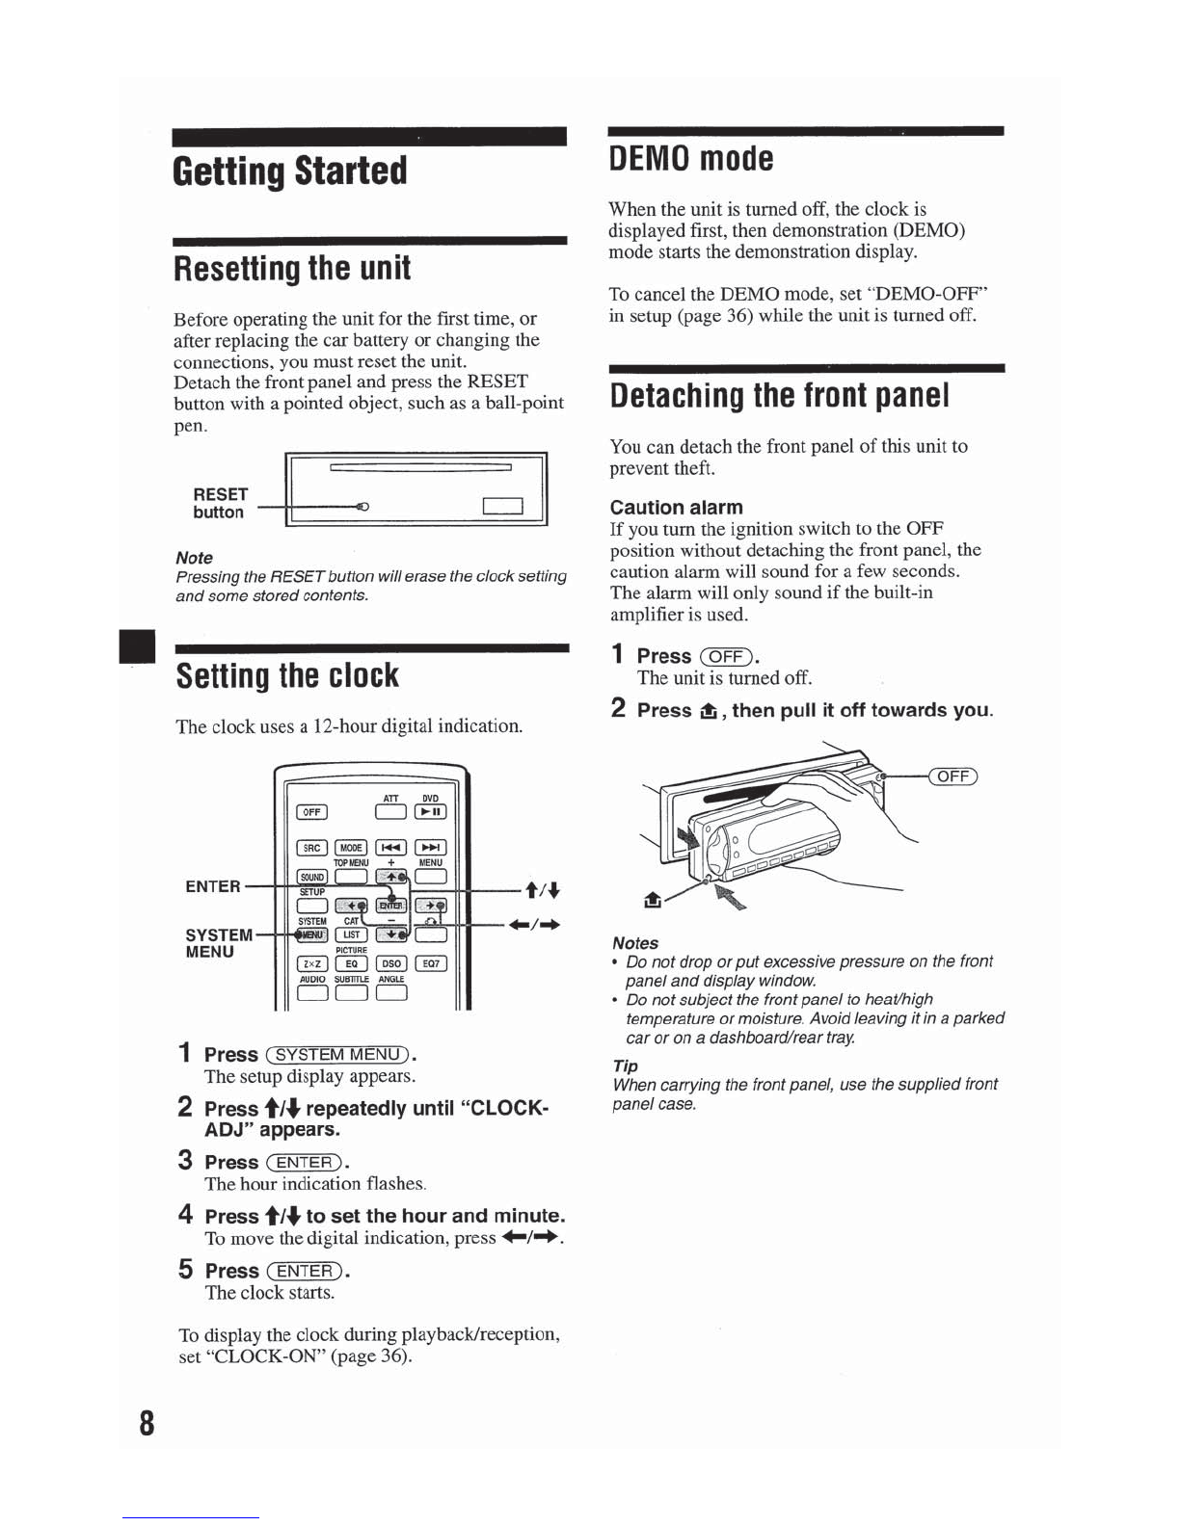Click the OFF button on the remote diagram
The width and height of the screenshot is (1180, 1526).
(311, 812)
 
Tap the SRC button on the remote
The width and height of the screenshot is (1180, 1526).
(311, 848)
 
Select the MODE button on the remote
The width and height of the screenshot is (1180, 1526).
(351, 848)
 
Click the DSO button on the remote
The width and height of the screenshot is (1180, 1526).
(391, 963)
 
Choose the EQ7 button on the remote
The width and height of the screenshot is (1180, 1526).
(431, 963)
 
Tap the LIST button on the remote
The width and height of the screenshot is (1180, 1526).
(352, 934)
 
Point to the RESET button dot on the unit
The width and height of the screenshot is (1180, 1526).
(362, 507)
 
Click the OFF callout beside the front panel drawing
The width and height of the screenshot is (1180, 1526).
(953, 776)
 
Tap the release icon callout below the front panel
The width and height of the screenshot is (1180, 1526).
(653, 900)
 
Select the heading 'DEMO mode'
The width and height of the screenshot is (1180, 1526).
(691, 158)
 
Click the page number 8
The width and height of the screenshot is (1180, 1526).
(147, 1423)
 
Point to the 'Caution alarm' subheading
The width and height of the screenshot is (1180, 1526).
(676, 507)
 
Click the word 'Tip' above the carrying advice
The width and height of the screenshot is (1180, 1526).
(625, 1066)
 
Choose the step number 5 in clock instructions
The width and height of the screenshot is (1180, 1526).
(185, 1269)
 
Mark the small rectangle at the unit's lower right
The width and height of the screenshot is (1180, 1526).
(502, 506)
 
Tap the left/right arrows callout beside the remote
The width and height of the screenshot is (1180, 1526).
(536, 925)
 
